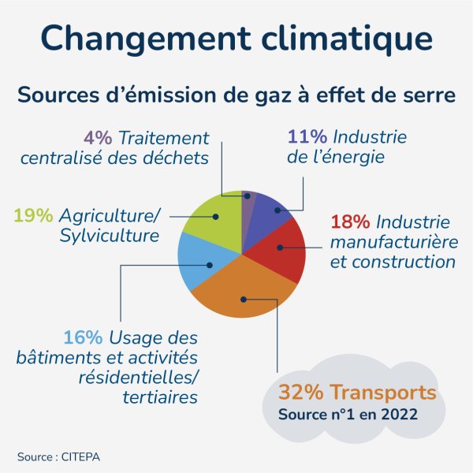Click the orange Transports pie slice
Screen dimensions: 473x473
(236, 296)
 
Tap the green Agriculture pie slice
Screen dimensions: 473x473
(213, 221)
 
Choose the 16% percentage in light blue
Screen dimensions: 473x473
(83, 337)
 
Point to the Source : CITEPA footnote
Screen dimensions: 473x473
(59, 456)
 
